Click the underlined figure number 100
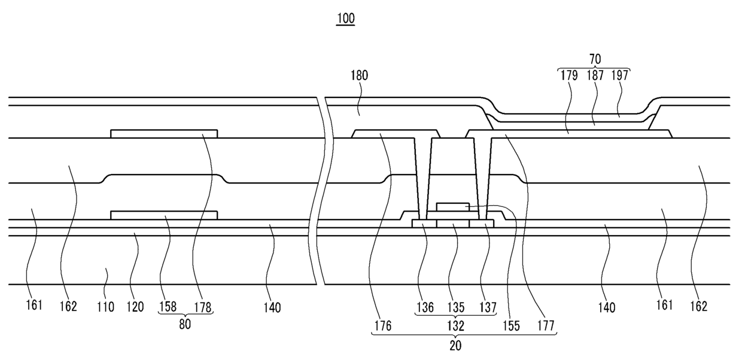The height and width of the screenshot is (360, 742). (345, 18)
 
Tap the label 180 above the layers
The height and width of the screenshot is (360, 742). (360, 75)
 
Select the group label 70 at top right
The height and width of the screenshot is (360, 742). (595, 59)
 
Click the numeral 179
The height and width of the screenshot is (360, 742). (569, 75)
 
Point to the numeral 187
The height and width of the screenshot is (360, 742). (595, 75)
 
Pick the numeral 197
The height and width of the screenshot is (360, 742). (620, 75)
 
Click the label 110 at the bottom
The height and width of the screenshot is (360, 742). (106, 307)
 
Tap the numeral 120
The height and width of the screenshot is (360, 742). (135, 307)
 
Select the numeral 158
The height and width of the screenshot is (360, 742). (168, 307)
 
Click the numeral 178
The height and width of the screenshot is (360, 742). (203, 307)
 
